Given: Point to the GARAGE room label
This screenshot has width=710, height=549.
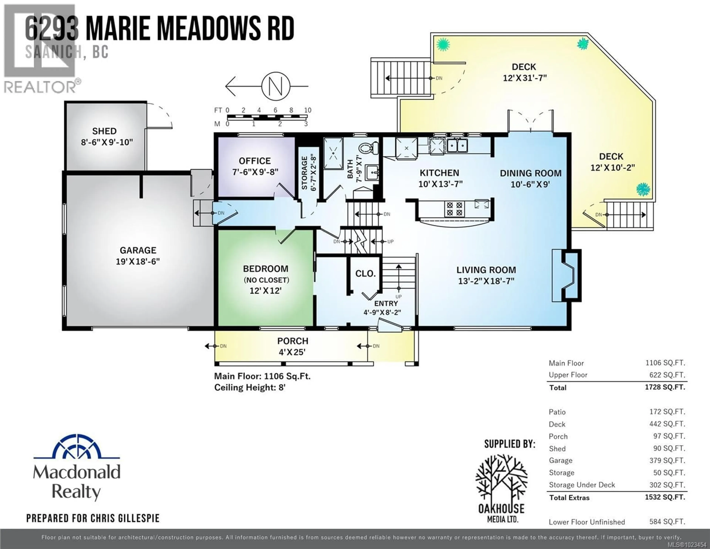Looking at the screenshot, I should (x=138, y=250).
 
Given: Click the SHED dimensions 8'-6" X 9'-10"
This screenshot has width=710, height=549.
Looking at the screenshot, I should (x=107, y=142).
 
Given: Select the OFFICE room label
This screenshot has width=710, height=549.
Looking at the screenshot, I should (x=255, y=161).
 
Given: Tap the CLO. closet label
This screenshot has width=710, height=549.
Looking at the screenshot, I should (x=365, y=274).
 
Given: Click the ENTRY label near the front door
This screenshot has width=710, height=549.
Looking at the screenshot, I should (x=386, y=303).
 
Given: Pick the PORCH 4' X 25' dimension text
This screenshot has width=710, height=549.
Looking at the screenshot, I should (x=292, y=352).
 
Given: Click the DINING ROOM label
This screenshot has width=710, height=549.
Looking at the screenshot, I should (x=530, y=173).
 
